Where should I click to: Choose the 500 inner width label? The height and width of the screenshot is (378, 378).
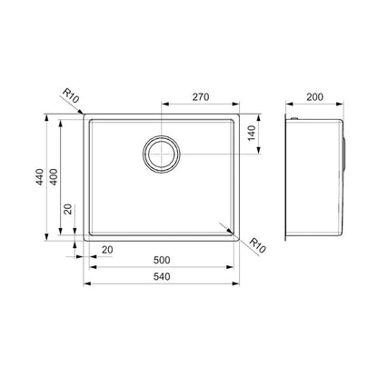pyautogui.click(x=160, y=260)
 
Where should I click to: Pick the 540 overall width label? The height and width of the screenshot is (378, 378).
pyautogui.click(x=160, y=275)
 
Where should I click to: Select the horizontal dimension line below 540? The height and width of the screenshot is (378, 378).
pyautogui.click(x=160, y=284)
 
